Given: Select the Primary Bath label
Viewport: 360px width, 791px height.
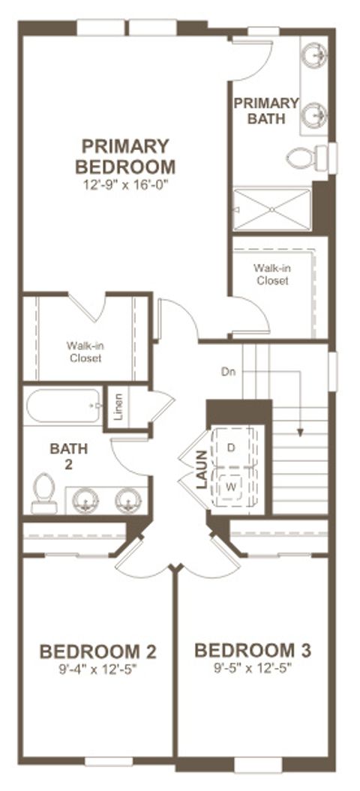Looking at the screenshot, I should [x=265, y=110].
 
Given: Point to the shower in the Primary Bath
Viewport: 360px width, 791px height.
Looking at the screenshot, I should [x=271, y=209].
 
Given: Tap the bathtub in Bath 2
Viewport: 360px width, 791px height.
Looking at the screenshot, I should [x=64, y=406].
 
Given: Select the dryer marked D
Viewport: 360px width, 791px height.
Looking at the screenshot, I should [x=232, y=448].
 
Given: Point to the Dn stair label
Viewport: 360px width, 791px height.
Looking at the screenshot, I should [x=229, y=370].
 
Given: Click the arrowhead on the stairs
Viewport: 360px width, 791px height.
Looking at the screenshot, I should [x=301, y=432].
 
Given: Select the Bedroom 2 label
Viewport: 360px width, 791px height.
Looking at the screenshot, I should [x=97, y=650].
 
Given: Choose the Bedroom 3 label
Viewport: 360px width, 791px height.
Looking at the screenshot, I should [x=253, y=650].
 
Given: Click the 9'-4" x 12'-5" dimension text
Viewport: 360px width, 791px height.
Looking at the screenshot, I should [x=97, y=667].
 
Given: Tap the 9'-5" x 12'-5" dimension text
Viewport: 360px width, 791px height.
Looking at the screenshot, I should [x=253, y=667].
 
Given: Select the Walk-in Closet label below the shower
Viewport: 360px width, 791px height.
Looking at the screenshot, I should [x=271, y=274].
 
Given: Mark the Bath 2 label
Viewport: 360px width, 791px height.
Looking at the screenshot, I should [x=69, y=455].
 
